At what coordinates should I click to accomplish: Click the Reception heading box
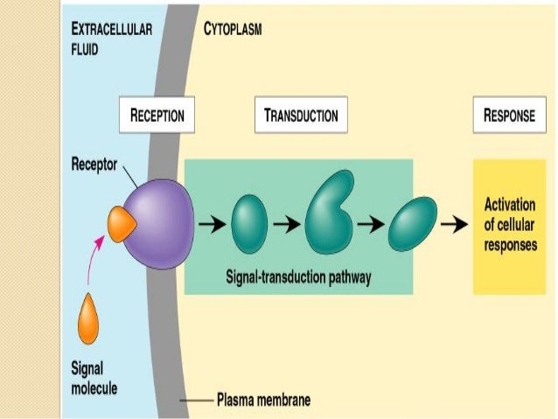click(157, 115)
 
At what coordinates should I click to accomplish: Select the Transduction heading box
click(300, 115)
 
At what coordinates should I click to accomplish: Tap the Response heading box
click(509, 115)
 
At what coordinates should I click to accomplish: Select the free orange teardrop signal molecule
click(88, 321)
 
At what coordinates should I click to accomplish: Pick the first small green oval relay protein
click(249, 225)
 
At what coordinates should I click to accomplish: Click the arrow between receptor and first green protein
click(210, 225)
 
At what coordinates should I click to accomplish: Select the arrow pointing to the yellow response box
click(453, 225)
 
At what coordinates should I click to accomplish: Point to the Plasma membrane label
click(262, 402)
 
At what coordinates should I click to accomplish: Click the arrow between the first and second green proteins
click(285, 225)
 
